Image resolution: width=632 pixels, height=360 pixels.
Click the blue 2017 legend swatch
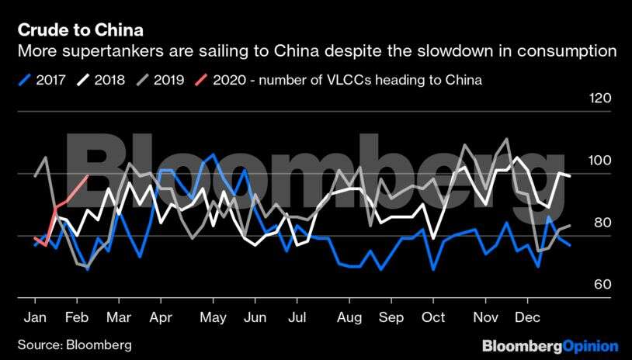(24, 79)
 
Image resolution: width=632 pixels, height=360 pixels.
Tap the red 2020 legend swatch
(200, 79)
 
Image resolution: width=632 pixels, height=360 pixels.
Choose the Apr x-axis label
(160, 317)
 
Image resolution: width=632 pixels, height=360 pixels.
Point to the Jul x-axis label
(295, 317)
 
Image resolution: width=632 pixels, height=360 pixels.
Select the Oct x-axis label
(433, 317)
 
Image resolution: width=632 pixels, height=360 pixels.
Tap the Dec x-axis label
(528, 317)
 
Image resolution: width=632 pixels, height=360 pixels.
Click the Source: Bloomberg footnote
(75, 344)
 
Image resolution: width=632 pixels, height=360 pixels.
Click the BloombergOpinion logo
(550, 345)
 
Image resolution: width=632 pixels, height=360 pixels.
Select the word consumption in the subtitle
(569, 52)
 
